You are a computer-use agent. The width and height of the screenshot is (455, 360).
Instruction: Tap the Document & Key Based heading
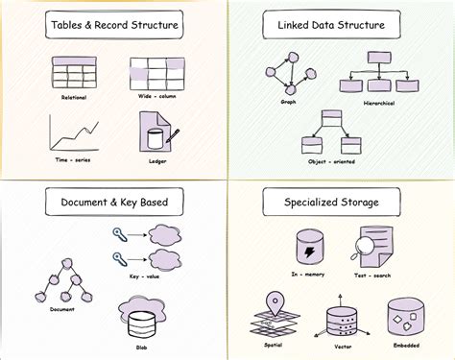point(112,204)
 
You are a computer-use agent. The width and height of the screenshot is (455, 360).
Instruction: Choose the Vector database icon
point(343,320)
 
